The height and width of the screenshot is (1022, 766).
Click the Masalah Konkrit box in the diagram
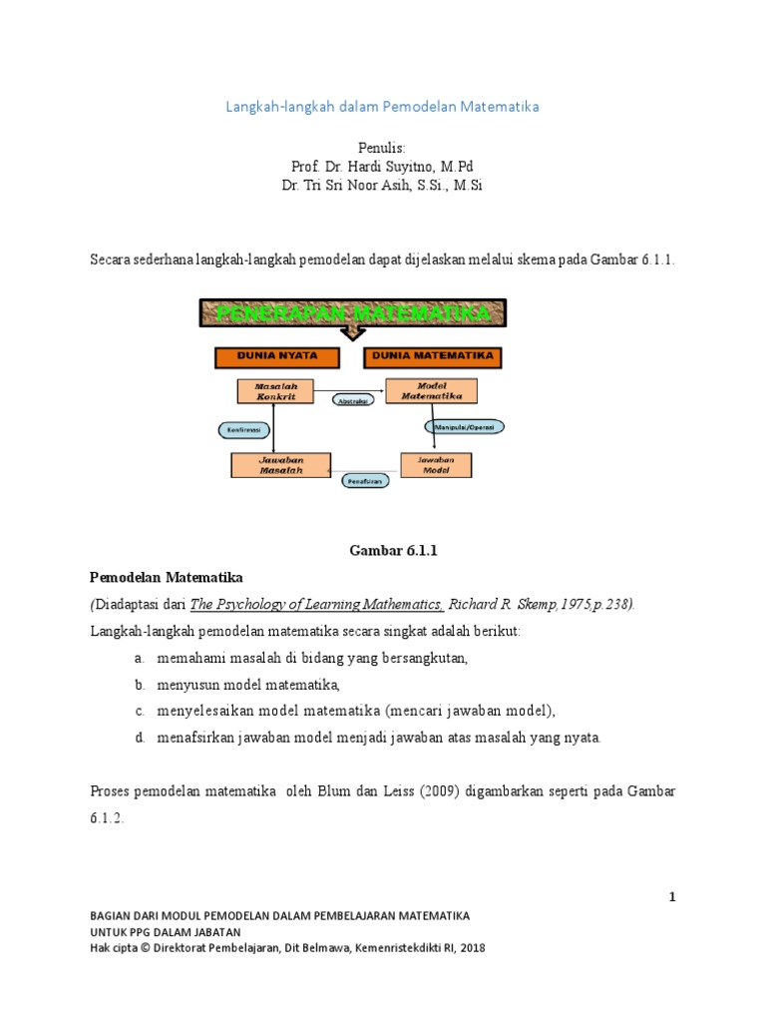273,390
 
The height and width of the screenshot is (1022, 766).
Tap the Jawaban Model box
436,464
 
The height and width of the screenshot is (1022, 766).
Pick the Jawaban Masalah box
280,464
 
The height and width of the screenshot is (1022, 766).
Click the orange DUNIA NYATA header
277,357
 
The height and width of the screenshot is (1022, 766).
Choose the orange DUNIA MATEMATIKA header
434,356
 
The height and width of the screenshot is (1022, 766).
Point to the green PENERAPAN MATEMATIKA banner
353,314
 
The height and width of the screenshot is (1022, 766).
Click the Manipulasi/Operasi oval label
464,426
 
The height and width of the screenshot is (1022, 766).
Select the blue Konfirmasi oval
243,430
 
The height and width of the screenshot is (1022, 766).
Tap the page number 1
672,897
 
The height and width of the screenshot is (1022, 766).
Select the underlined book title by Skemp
316,604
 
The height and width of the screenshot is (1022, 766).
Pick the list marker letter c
140,711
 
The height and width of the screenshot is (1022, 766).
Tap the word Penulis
384,147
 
